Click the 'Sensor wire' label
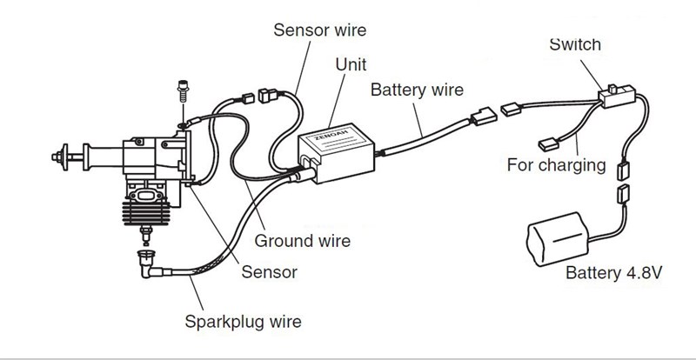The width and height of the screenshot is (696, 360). pos(319,30)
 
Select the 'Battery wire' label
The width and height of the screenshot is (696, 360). pos(417,90)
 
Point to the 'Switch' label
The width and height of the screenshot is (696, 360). pos(575,45)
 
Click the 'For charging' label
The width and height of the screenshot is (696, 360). pos(556,165)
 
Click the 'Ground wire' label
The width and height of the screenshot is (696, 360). pos(302,240)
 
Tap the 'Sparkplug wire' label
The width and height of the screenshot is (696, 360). pos(243,322)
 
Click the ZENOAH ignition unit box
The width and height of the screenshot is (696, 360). pos(339,157)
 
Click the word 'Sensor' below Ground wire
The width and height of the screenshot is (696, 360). pos(269,272)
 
